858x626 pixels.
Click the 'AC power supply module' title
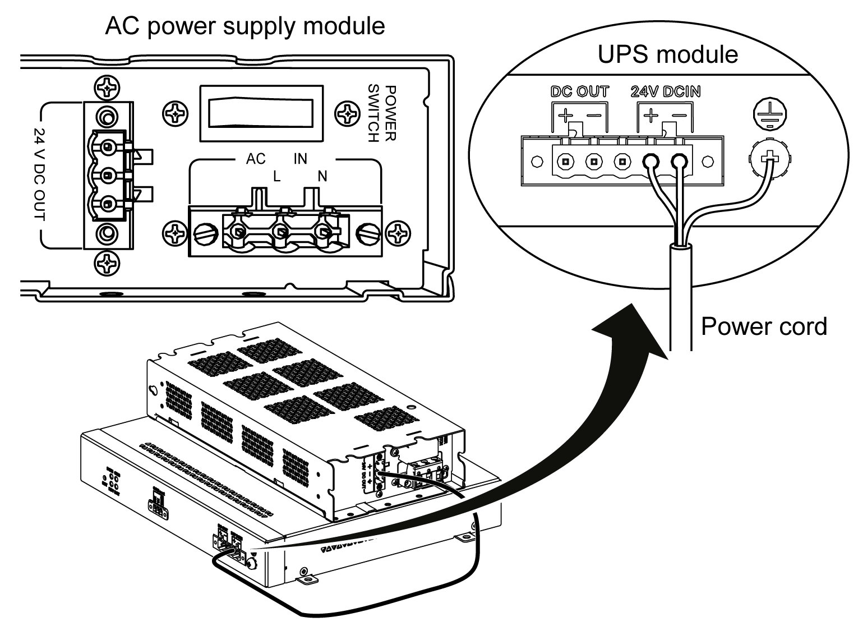tap(245, 26)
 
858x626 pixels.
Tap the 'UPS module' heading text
tap(667, 54)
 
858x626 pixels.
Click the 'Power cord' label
tap(764, 325)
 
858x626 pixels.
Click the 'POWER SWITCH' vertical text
tap(382, 114)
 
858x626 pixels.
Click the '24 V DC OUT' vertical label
tap(40, 174)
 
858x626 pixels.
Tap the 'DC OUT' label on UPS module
tap(579, 92)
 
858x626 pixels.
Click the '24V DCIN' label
tap(665, 92)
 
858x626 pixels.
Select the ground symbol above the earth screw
tap(767, 115)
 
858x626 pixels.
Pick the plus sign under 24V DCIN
tap(651, 116)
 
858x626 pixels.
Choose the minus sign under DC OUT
tap(595, 116)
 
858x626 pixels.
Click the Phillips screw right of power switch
tap(347, 114)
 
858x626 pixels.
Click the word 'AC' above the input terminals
tap(256, 159)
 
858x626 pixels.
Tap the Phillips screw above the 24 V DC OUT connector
tap(106, 88)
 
